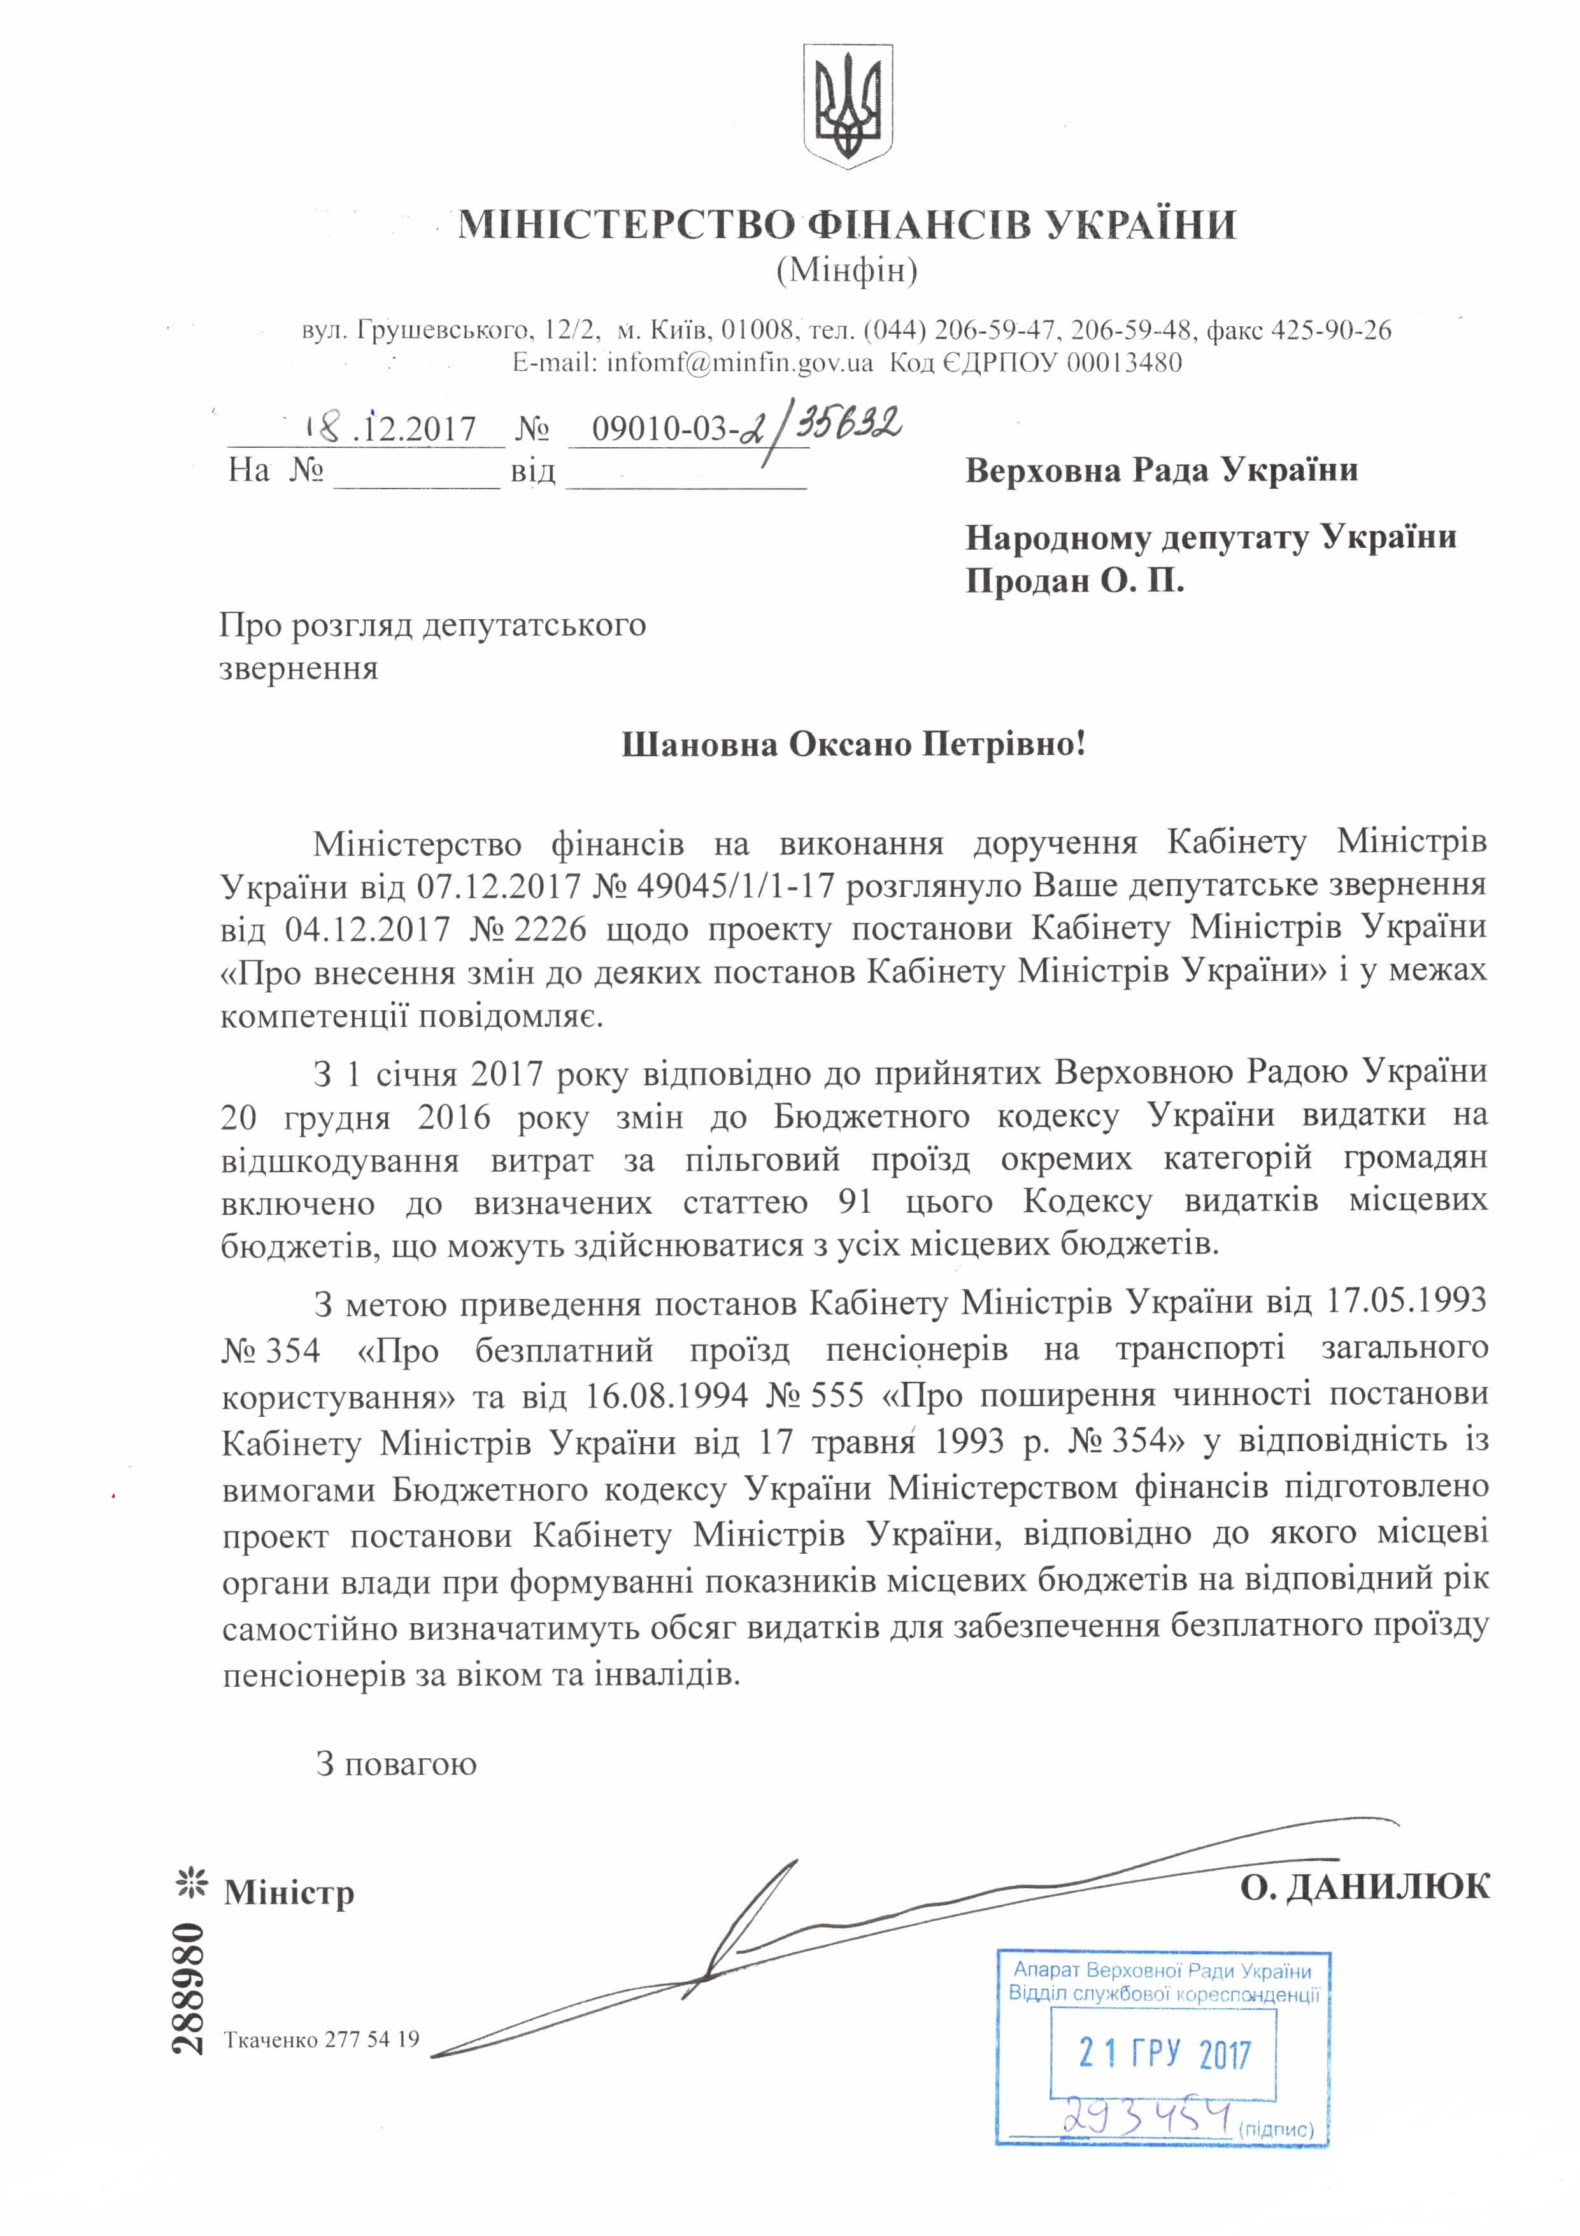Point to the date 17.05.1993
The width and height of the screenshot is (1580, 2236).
pos(1407,1302)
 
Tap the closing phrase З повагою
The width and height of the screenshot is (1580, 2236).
pos(396,1764)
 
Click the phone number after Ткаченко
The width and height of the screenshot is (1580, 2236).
pos(372,2039)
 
